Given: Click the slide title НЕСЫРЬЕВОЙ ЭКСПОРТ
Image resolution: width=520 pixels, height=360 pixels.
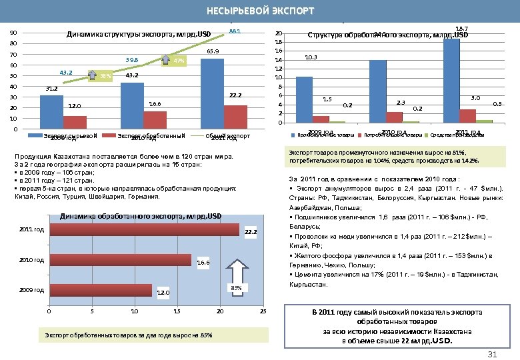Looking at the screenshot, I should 260,11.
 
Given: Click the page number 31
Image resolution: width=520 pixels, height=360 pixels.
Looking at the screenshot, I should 493,353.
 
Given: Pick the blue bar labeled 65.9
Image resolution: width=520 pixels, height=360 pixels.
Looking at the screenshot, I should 212,94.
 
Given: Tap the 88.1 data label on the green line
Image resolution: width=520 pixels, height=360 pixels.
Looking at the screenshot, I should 235,32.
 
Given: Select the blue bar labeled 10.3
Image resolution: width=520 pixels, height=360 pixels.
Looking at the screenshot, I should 304,99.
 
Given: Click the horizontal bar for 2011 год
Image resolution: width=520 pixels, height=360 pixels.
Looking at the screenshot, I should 144,229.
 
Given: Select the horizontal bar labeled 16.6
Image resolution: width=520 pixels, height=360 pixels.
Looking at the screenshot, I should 121,260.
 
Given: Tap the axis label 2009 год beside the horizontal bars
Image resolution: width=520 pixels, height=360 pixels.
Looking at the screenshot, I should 32,291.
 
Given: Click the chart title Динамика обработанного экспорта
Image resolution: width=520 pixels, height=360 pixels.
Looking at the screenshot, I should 141,217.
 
